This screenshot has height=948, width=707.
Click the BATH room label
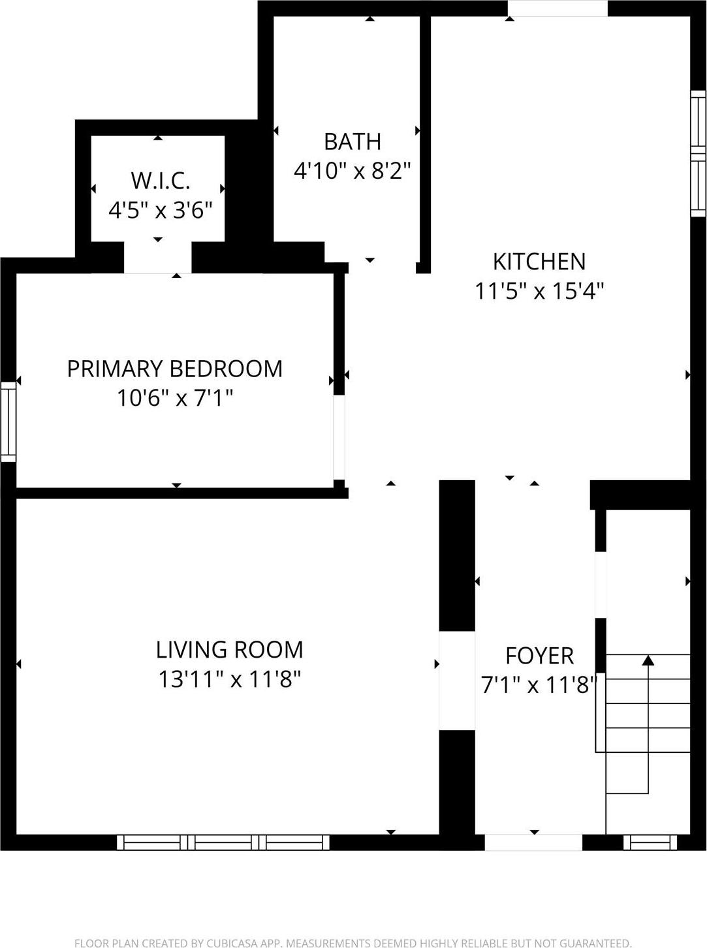pyautogui.click(x=353, y=142)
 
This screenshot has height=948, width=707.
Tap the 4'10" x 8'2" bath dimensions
pyautogui.click(x=353, y=171)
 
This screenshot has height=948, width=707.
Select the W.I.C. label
pyautogui.click(x=161, y=180)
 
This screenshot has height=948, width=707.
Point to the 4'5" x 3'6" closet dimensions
pyautogui.click(x=161, y=210)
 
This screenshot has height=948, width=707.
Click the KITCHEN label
pyautogui.click(x=539, y=262)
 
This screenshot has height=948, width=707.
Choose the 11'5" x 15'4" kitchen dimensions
pyautogui.click(x=539, y=291)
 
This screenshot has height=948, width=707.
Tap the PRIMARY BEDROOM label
pyautogui.click(x=175, y=369)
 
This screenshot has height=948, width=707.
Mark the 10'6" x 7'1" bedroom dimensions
pyautogui.click(x=175, y=398)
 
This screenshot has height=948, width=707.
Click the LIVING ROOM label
pyautogui.click(x=230, y=650)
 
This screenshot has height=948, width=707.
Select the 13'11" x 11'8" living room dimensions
pyautogui.click(x=230, y=680)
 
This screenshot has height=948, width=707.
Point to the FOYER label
pyautogui.click(x=539, y=656)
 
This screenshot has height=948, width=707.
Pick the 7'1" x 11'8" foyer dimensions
pyautogui.click(x=539, y=685)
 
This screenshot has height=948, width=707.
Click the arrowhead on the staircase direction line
pyautogui.click(x=648, y=660)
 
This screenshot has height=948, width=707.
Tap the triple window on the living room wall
pyautogui.click(x=223, y=842)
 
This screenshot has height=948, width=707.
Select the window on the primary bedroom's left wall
pyautogui.click(x=8, y=422)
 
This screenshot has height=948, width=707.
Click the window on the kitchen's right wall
pyautogui.click(x=698, y=154)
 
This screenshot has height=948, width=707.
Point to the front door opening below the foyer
pyautogui.click(x=533, y=842)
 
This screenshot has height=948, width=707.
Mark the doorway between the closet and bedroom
pyautogui.click(x=158, y=258)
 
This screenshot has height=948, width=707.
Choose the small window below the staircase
pyautogui.click(x=650, y=842)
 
